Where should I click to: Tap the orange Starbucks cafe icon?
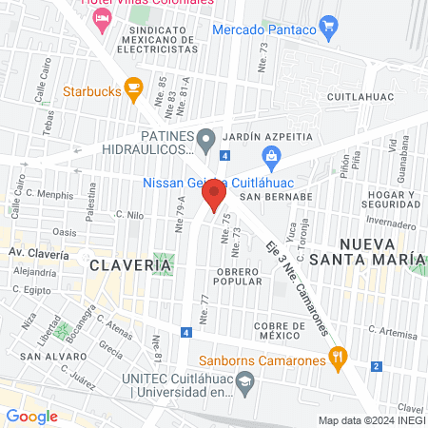133,90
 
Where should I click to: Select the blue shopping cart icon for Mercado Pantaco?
329,26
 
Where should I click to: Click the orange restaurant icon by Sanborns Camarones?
336,360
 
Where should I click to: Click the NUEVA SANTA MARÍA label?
378,250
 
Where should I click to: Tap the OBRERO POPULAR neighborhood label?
252,276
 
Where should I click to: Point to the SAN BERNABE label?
276,197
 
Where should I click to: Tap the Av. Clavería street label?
38,255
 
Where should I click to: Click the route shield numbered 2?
377,366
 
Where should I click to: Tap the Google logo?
31,416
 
